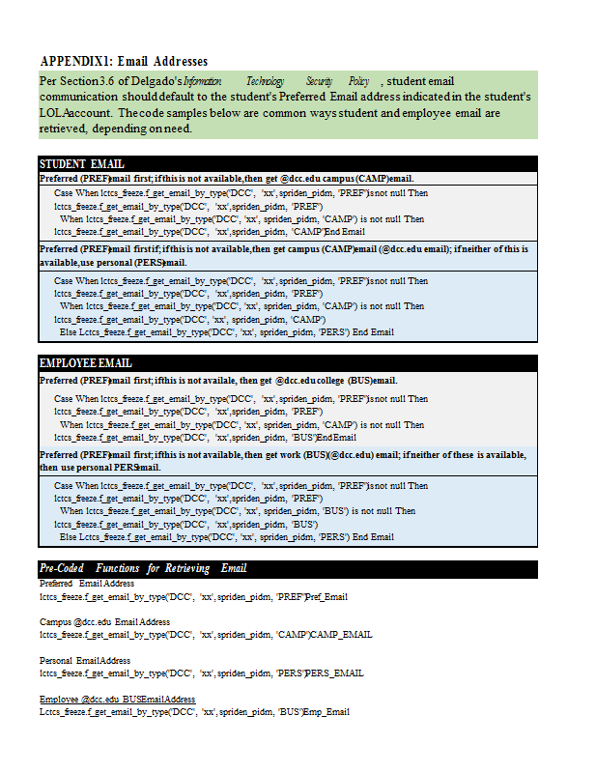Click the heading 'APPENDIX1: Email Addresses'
point(124,61)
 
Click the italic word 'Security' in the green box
point(319,81)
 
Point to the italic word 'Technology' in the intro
point(266,81)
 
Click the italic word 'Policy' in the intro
point(359,81)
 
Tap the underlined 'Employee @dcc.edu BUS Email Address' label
point(117,699)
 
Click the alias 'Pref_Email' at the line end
point(327,597)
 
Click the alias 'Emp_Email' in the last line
point(326,712)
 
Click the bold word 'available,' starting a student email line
point(59,263)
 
